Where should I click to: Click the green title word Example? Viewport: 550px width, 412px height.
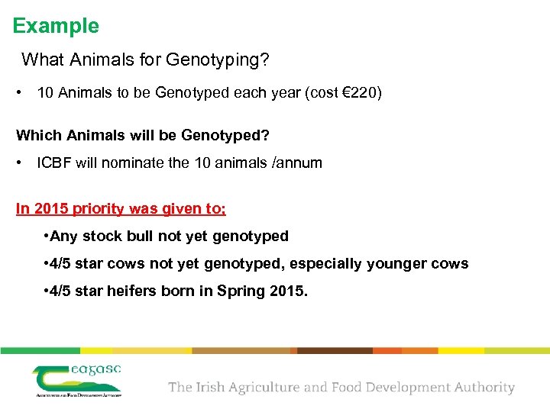point(56,26)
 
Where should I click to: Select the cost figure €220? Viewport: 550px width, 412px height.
point(358,93)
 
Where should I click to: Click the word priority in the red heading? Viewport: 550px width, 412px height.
point(99,209)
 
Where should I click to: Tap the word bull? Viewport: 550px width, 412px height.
point(149,237)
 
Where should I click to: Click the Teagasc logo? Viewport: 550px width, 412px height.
point(76,379)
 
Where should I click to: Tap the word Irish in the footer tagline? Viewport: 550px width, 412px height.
point(211,387)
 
